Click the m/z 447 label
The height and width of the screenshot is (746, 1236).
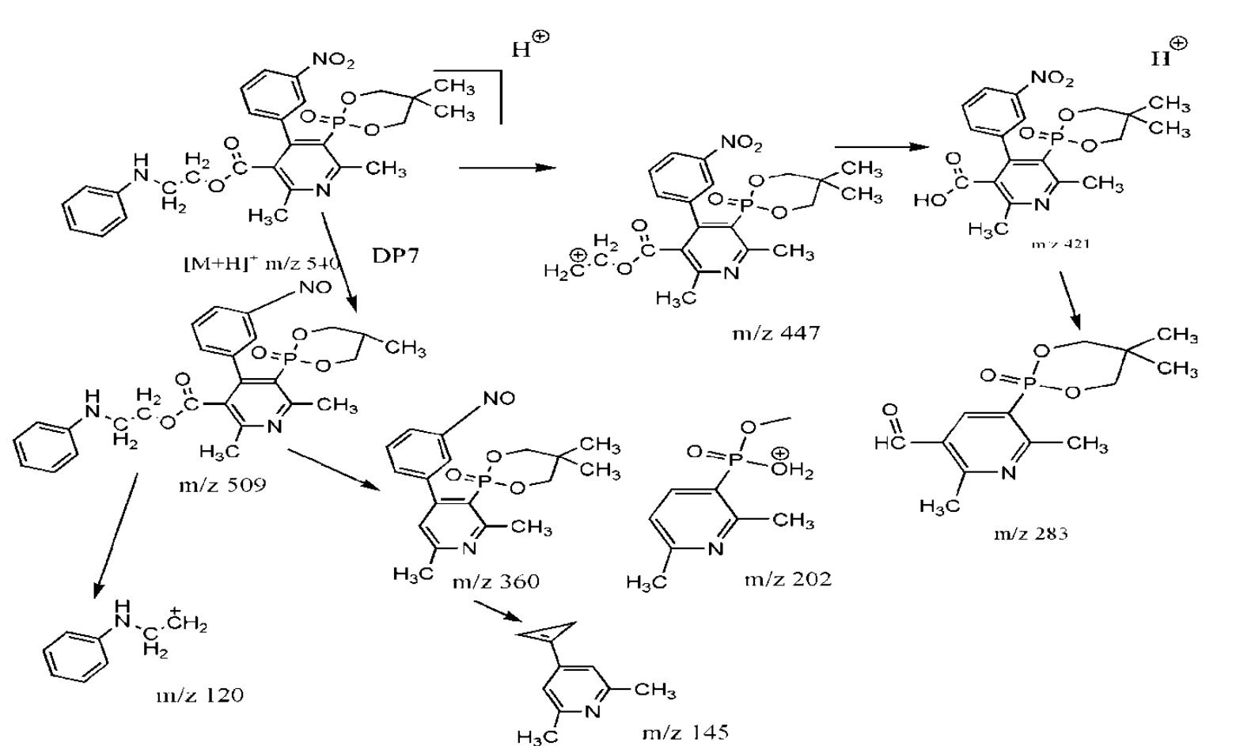[776, 332]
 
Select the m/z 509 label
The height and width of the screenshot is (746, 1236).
[222, 484]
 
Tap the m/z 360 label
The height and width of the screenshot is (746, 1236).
[496, 581]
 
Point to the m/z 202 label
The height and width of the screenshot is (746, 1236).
[788, 579]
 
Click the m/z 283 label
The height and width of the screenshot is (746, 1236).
[1030, 533]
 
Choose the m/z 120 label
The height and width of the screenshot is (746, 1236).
[199, 695]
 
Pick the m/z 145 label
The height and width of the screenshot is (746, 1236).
[685, 732]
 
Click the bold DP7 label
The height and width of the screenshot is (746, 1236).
[395, 255]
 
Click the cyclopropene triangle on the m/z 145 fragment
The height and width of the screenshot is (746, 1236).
[548, 634]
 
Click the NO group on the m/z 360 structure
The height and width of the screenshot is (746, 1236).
[498, 399]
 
